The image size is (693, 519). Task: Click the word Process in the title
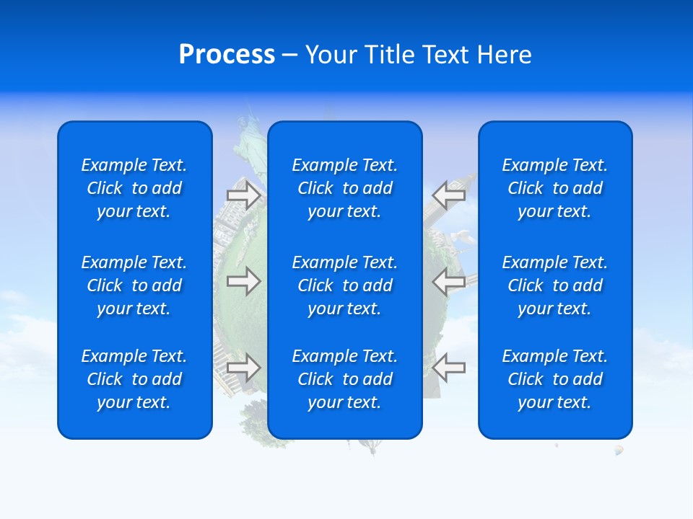tap(227, 55)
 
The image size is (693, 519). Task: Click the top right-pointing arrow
tap(243, 195)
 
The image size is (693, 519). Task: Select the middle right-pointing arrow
tap(243, 281)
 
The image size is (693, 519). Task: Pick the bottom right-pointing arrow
tap(243, 367)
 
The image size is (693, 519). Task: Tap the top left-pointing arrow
tap(448, 195)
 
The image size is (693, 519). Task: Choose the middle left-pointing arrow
tap(448, 281)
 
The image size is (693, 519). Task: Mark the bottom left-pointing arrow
tap(448, 367)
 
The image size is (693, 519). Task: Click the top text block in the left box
tap(134, 188)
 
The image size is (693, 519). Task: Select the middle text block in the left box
tap(134, 285)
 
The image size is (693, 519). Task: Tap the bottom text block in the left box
tap(134, 379)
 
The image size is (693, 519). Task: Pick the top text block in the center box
tap(345, 188)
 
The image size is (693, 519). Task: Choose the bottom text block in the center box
tap(345, 379)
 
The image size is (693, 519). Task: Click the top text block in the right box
tap(555, 188)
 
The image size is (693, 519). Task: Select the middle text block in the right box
tap(555, 285)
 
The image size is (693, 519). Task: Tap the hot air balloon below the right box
tap(619, 451)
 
